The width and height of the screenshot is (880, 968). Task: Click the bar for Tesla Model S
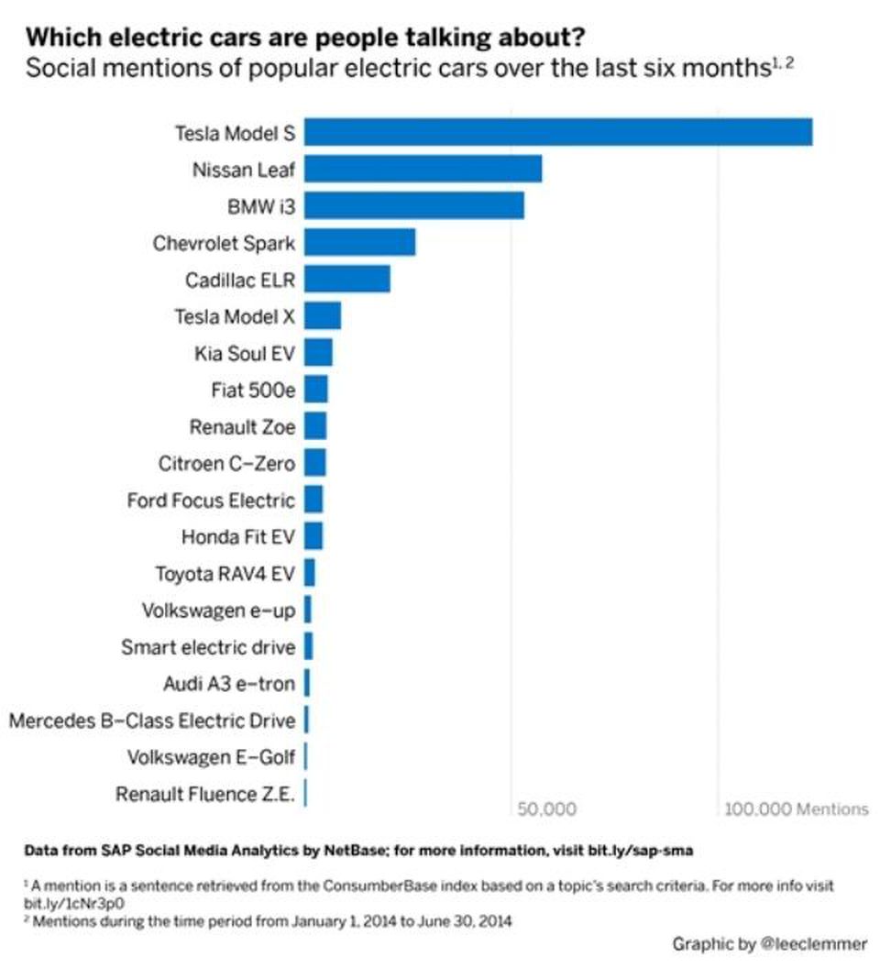coord(558,132)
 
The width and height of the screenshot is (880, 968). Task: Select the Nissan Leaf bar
coord(423,169)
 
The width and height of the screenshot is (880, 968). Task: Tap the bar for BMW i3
coord(414,205)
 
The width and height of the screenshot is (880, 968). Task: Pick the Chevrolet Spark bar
coord(360,242)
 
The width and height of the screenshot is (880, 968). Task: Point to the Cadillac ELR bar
coord(347,279)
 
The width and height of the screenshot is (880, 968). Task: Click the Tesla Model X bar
coord(323,315)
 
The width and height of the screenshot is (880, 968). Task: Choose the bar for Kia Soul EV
coord(318,353)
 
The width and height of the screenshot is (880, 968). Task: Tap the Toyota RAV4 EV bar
coord(310,573)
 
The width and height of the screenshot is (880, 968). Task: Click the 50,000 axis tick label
coord(546,808)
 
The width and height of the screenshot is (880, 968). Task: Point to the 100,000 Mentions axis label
coord(796,808)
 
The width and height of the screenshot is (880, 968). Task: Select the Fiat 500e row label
coord(253,390)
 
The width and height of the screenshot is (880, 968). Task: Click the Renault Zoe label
coord(243,426)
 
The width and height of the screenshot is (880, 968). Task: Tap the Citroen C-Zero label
coord(226,463)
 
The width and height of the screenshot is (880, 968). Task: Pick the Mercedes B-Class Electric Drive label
coord(152,720)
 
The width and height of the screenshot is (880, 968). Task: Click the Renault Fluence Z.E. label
coord(205,794)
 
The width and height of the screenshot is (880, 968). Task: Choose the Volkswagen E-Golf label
coord(211,757)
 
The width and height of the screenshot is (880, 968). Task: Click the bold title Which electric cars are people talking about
coord(305,38)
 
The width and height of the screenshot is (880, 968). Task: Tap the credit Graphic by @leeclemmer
coord(769,944)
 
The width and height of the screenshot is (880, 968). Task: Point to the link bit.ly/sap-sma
coord(641,851)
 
